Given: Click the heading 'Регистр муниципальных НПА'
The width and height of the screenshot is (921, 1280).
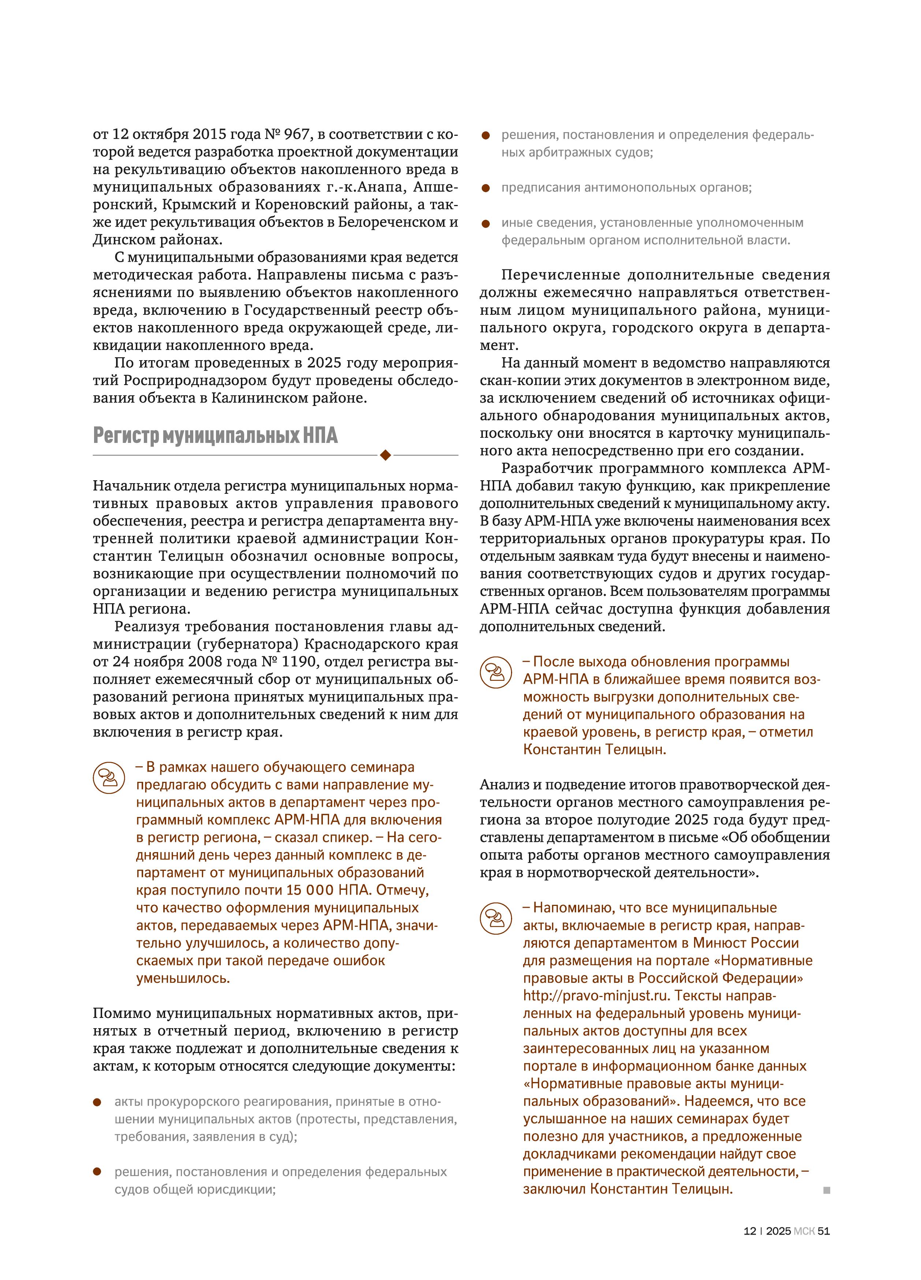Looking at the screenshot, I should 215,436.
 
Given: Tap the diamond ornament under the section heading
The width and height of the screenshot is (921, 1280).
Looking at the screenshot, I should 385,455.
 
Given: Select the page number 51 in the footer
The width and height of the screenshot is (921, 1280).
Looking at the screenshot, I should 823,1231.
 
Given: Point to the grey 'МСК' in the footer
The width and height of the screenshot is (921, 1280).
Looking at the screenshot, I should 803,1231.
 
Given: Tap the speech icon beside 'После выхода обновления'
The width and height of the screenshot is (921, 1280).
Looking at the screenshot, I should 496,672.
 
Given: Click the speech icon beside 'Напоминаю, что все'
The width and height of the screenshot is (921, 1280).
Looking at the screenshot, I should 496,918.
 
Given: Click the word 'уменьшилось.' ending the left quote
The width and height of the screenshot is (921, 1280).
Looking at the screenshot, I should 183,978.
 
